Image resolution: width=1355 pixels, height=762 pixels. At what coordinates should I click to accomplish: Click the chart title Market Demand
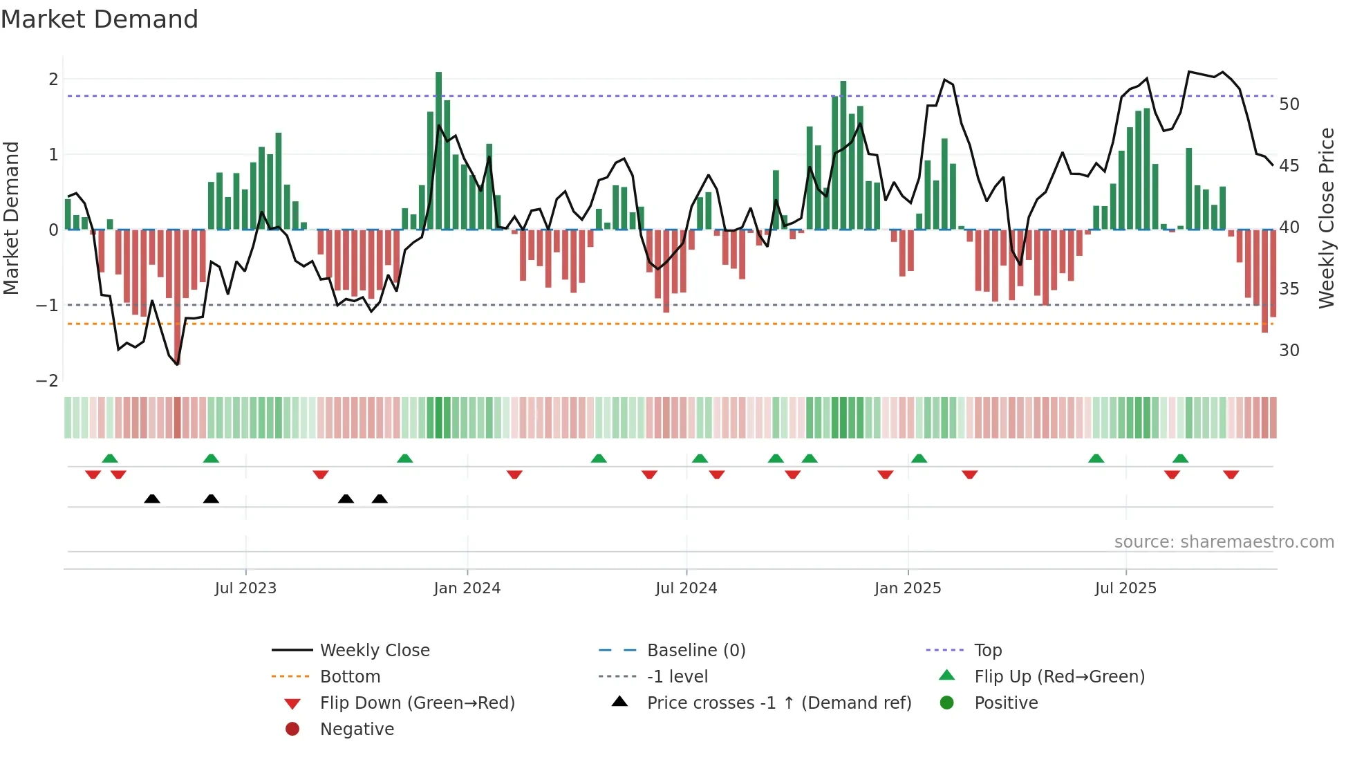[x=100, y=19]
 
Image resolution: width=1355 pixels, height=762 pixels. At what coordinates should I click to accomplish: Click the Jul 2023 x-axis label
[x=245, y=588]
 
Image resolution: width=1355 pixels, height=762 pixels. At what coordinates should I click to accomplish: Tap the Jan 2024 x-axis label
[x=467, y=588]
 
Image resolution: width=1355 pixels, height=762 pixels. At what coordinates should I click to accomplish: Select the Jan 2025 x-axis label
[x=908, y=588]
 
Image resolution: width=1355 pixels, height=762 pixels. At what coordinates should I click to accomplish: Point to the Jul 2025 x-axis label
[x=1125, y=588]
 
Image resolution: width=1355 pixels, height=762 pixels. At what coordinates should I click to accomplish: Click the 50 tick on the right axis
[x=1289, y=104]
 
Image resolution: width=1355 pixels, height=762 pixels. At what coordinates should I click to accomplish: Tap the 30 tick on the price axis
[x=1289, y=351]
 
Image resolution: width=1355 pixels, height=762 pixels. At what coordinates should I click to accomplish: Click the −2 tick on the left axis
[x=47, y=381]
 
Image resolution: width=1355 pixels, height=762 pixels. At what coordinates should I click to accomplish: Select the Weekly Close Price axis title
[x=1327, y=218]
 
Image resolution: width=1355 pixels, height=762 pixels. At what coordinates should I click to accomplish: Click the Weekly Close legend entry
[x=375, y=651]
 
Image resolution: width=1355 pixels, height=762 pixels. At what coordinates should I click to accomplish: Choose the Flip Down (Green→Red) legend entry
[x=417, y=703]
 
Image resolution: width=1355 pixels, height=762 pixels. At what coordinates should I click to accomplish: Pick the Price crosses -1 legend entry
[x=779, y=703]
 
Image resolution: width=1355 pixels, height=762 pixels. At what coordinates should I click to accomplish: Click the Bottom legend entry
[x=350, y=677]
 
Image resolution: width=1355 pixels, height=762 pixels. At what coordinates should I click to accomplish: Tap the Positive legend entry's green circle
[x=947, y=703]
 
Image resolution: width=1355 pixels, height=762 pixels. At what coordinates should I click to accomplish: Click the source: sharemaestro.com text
[x=1224, y=542]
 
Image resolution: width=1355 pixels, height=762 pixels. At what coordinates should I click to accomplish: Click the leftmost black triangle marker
[x=152, y=499]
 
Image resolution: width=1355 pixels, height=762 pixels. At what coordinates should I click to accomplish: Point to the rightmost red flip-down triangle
[x=1231, y=474]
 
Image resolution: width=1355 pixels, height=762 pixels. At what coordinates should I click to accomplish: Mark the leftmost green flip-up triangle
[x=110, y=458]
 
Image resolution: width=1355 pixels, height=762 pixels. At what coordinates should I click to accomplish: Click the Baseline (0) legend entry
[x=696, y=651]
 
